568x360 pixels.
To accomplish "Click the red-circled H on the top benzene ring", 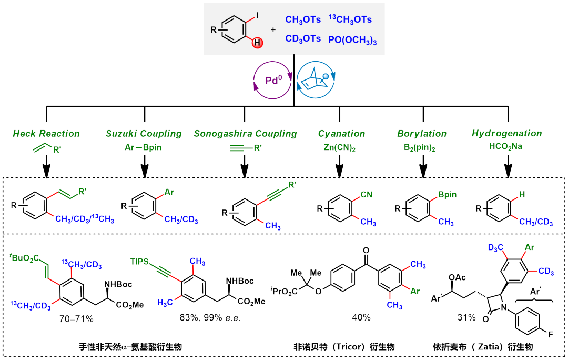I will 257,43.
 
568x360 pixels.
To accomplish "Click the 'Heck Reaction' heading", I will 46,134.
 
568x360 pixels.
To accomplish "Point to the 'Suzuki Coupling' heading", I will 144,134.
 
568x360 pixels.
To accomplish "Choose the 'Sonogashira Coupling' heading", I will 245,134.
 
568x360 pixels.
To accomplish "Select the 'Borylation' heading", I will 422,134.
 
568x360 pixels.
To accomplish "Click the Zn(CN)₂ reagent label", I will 339,148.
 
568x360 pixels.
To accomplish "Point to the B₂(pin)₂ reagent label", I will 422,148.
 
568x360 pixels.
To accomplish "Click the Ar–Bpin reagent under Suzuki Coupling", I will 144,147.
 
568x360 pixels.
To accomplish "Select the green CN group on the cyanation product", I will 366,195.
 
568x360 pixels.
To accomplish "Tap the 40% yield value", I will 361,317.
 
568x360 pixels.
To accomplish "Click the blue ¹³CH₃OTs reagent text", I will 350,19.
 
